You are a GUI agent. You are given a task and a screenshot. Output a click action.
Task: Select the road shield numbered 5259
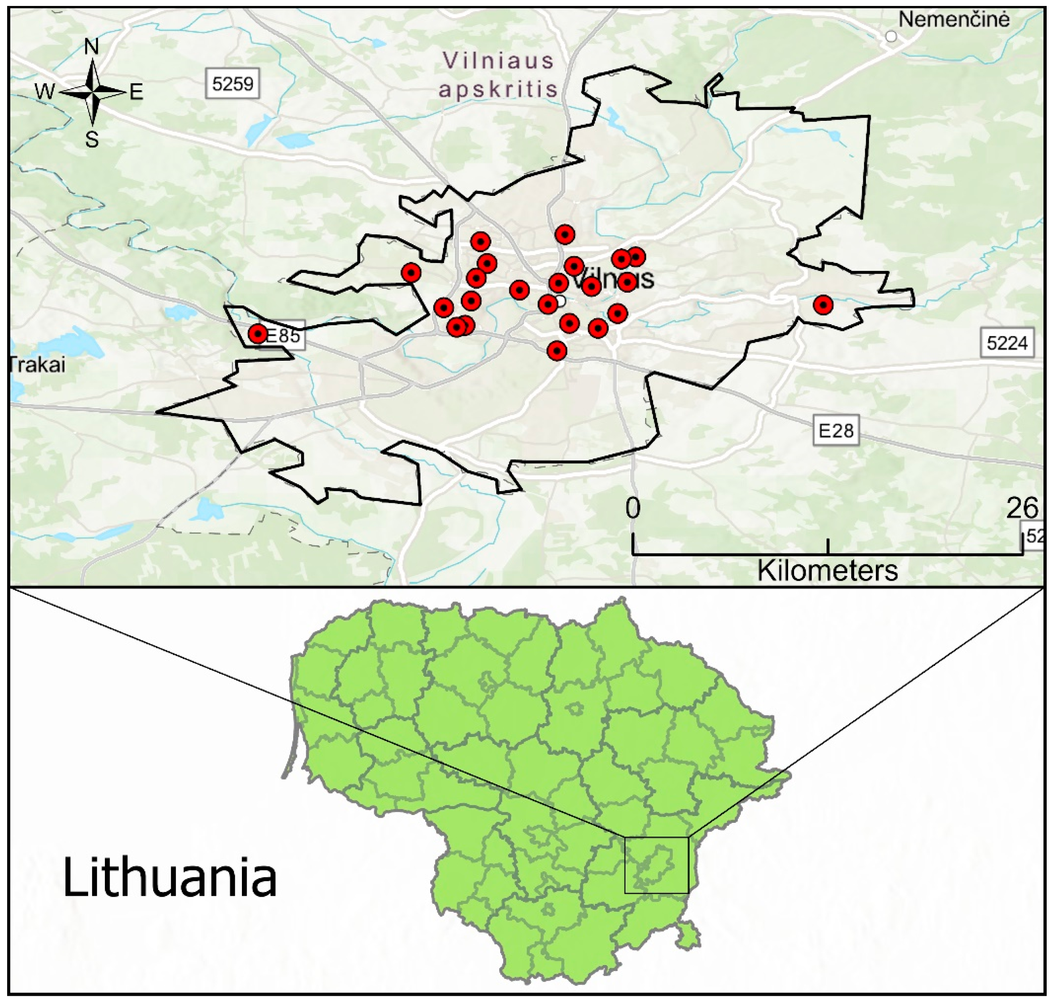(x=233, y=83)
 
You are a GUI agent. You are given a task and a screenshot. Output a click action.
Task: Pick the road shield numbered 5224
(x=1007, y=342)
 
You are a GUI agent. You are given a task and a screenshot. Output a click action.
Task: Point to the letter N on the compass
(x=92, y=47)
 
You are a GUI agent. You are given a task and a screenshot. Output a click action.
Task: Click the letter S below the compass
(x=92, y=140)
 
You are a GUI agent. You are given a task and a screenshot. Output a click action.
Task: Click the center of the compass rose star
(x=93, y=92)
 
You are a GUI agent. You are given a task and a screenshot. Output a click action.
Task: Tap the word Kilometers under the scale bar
(x=827, y=571)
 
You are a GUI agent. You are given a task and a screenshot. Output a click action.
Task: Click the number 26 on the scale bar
(x=1022, y=508)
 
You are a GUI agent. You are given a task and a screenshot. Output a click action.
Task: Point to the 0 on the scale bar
(x=633, y=507)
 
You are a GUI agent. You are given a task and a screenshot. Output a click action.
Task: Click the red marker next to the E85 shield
(x=258, y=333)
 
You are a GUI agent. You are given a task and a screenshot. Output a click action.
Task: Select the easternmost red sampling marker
(x=823, y=305)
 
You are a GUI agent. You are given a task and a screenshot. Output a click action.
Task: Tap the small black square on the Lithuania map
(x=656, y=865)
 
